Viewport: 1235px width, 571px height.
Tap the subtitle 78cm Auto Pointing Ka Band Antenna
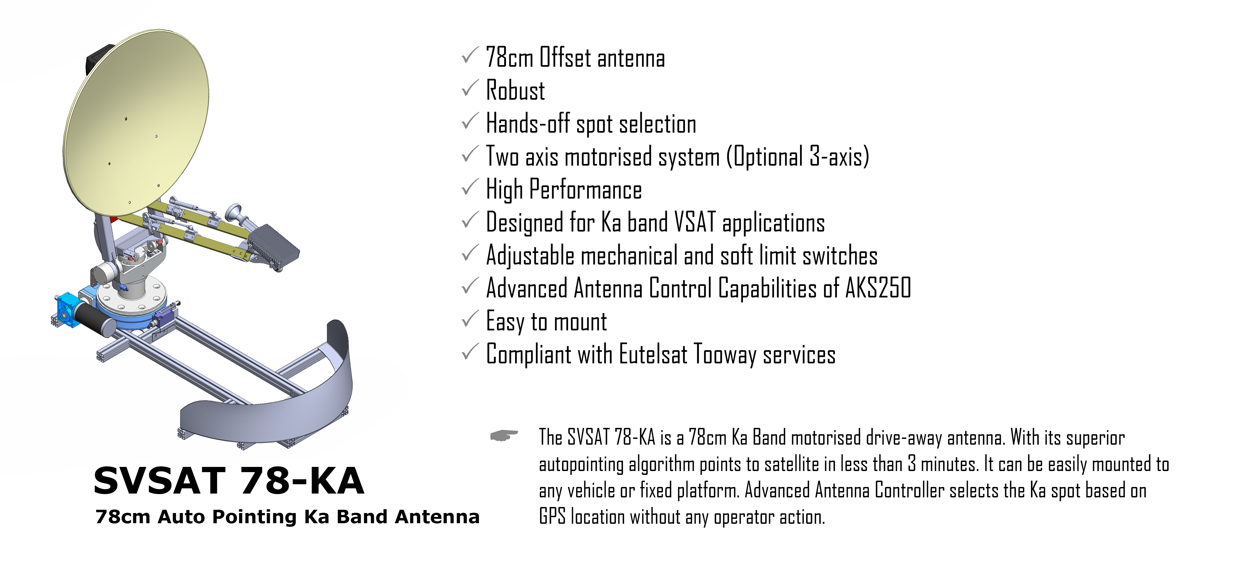[x=287, y=517]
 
